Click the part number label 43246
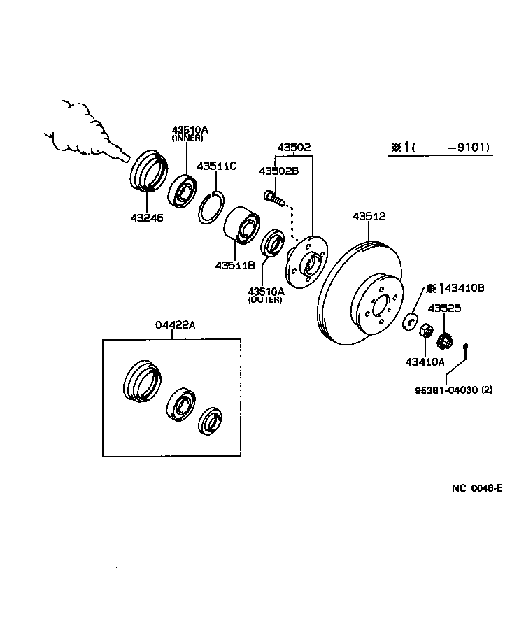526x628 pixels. click(146, 217)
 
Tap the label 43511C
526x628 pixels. click(216, 166)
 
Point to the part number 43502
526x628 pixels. click(293, 148)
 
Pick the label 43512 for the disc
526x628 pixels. click(369, 217)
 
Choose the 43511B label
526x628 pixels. click(235, 266)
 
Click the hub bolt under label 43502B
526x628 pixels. click(273, 198)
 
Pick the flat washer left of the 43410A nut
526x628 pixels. click(411, 322)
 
